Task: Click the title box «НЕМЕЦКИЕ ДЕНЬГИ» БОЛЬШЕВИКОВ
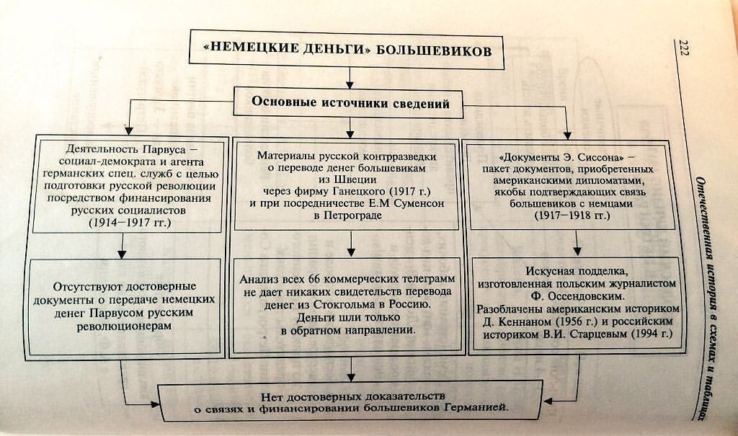pos(347,51)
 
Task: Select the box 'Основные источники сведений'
pos(350,103)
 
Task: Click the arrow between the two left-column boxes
pos(121,246)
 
